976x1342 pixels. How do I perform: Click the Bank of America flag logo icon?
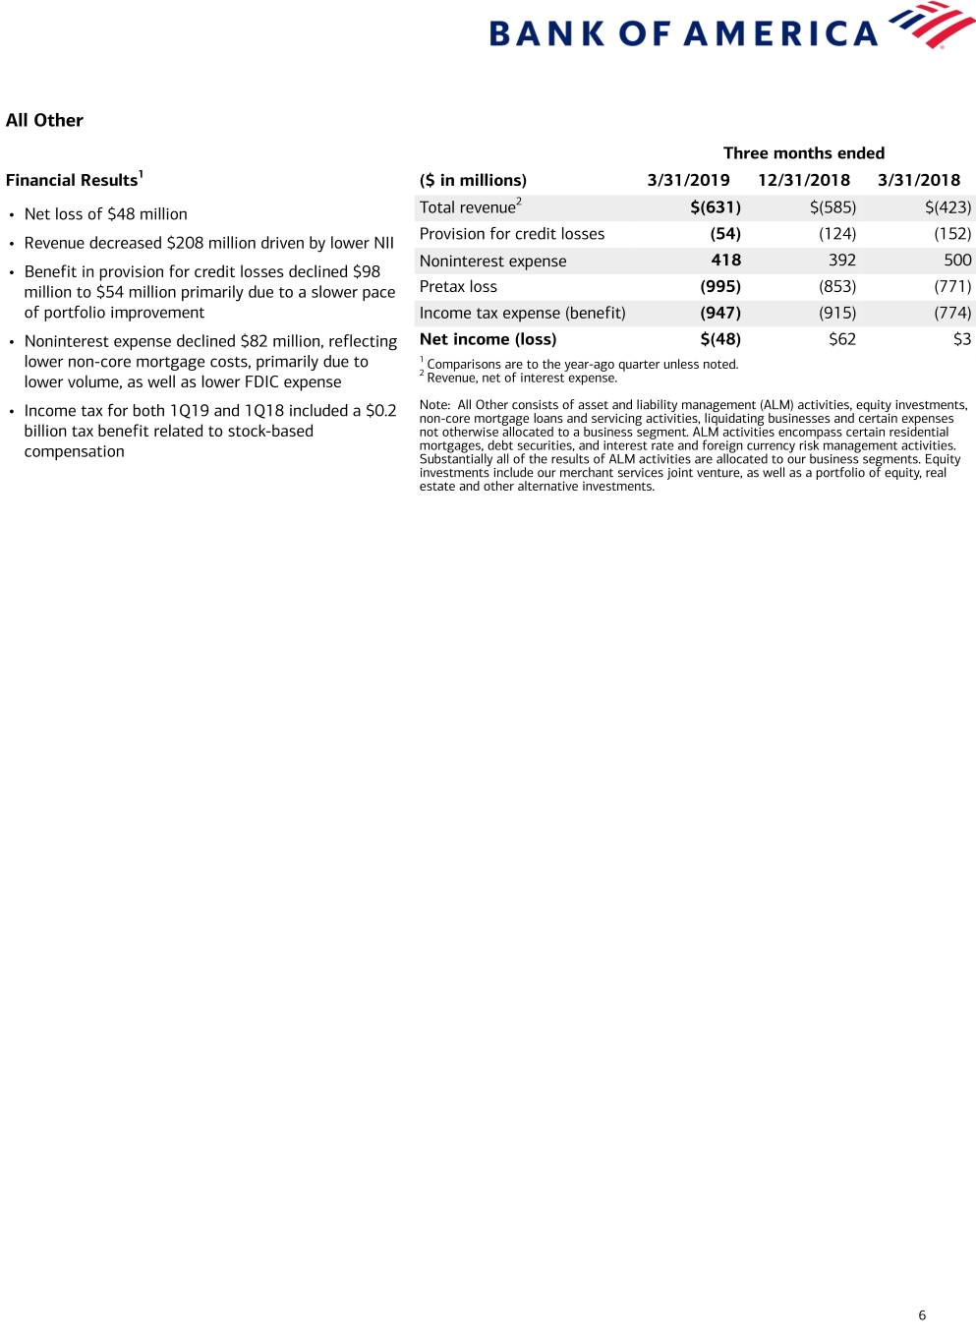[x=931, y=26]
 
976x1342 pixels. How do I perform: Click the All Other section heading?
[x=44, y=120]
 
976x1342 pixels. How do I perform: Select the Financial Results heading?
[x=72, y=180]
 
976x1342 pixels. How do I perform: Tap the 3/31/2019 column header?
[x=688, y=180]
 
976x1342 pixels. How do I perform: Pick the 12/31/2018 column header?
[x=803, y=180]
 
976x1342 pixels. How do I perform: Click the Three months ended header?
[x=803, y=152]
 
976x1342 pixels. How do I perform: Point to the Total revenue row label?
[x=468, y=207]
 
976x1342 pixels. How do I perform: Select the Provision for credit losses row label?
[x=511, y=234]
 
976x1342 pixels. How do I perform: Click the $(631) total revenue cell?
[x=716, y=207]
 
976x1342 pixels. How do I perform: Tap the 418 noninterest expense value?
[x=725, y=261]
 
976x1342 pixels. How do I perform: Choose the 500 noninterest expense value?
[x=956, y=261]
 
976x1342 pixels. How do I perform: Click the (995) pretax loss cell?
[x=719, y=287]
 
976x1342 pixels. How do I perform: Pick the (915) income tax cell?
[x=836, y=313]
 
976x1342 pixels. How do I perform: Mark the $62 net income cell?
[x=841, y=339]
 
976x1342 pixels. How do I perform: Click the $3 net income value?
[x=961, y=339]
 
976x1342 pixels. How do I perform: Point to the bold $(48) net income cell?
[x=719, y=339]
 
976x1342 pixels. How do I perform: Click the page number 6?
[x=921, y=1315]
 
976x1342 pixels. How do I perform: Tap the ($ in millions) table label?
[x=473, y=180]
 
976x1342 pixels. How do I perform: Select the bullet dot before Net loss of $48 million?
[x=11, y=214]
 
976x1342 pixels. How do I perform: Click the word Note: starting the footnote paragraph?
[x=434, y=405]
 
